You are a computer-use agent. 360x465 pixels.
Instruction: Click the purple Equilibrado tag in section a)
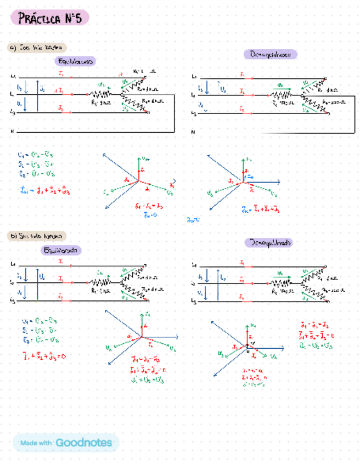click(75, 61)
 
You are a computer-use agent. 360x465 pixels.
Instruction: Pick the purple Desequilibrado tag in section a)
click(271, 54)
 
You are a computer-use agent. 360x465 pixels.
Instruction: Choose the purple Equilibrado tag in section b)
click(62, 250)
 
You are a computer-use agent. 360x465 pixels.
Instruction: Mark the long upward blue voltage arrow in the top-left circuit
click(38, 96)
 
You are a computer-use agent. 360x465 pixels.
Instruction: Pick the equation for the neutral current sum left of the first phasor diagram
click(44, 191)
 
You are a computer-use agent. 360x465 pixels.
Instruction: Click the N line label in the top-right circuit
click(193, 132)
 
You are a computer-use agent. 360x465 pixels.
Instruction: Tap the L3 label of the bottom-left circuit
click(13, 301)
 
